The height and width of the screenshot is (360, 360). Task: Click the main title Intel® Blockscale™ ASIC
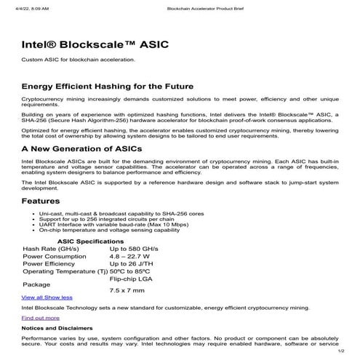[x=95, y=44]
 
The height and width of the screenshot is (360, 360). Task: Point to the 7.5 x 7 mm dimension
[x=127, y=289]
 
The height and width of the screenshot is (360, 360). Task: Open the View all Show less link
[x=47, y=297]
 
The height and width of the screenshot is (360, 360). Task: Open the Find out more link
[x=41, y=318]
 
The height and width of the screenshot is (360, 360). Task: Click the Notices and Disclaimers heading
[x=57, y=328]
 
